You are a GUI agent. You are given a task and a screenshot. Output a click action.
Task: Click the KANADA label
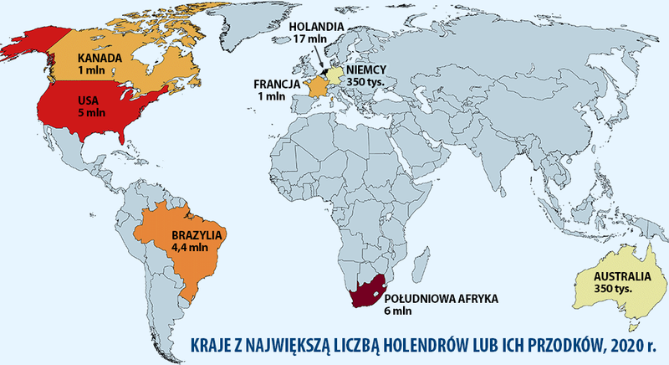tap(100, 58)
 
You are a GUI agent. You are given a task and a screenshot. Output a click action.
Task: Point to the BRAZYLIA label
tap(194, 235)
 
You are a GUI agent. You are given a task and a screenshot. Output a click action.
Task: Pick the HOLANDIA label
tap(317, 26)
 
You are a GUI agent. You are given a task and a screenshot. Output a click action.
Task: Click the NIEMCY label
tap(365, 70)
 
